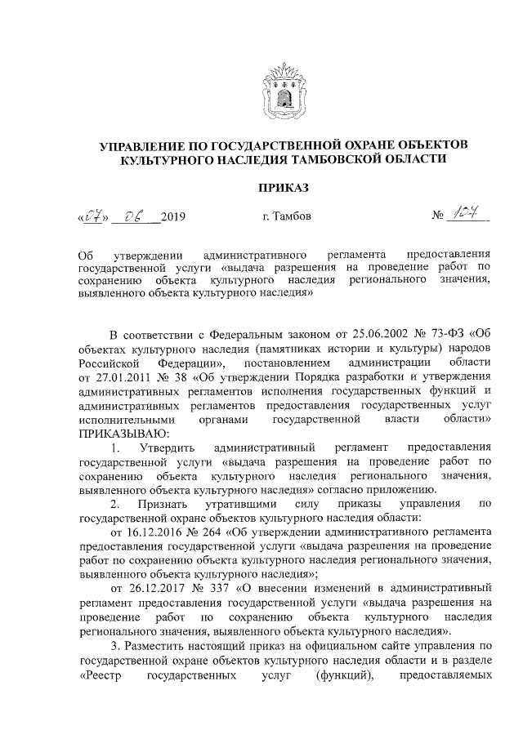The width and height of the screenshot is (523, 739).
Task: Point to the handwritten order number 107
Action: pyautogui.click(x=466, y=215)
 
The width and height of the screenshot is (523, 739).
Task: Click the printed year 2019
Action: pyautogui.click(x=174, y=217)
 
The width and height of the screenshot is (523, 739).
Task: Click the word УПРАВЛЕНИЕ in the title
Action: pyautogui.click(x=146, y=145)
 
